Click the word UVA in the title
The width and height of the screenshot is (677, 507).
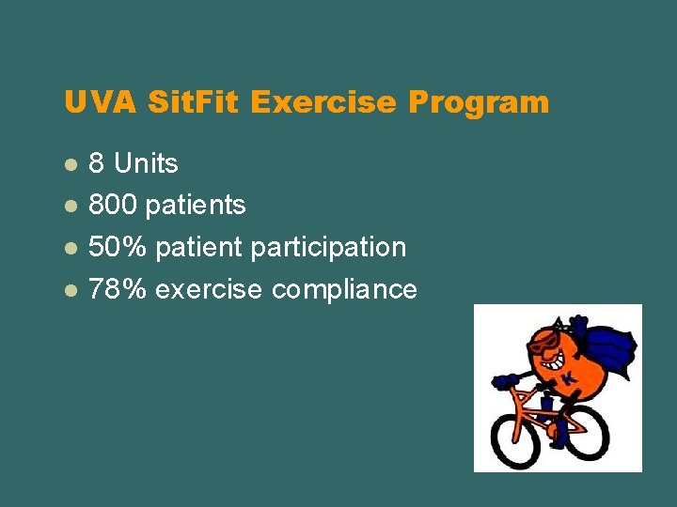click(x=92, y=101)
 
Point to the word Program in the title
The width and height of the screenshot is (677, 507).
click(x=479, y=101)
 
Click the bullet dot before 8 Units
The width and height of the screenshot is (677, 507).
click(x=70, y=164)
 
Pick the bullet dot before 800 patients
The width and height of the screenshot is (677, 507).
click(x=70, y=206)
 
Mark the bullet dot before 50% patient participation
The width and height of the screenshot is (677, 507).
click(x=70, y=248)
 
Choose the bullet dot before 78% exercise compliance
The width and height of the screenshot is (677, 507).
click(x=70, y=290)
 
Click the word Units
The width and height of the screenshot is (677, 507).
click(x=146, y=164)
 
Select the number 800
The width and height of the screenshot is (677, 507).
click(x=115, y=206)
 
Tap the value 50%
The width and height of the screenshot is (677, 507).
click(x=118, y=248)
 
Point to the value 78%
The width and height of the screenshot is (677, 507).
click(x=118, y=290)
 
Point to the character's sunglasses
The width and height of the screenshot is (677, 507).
click(x=543, y=342)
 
